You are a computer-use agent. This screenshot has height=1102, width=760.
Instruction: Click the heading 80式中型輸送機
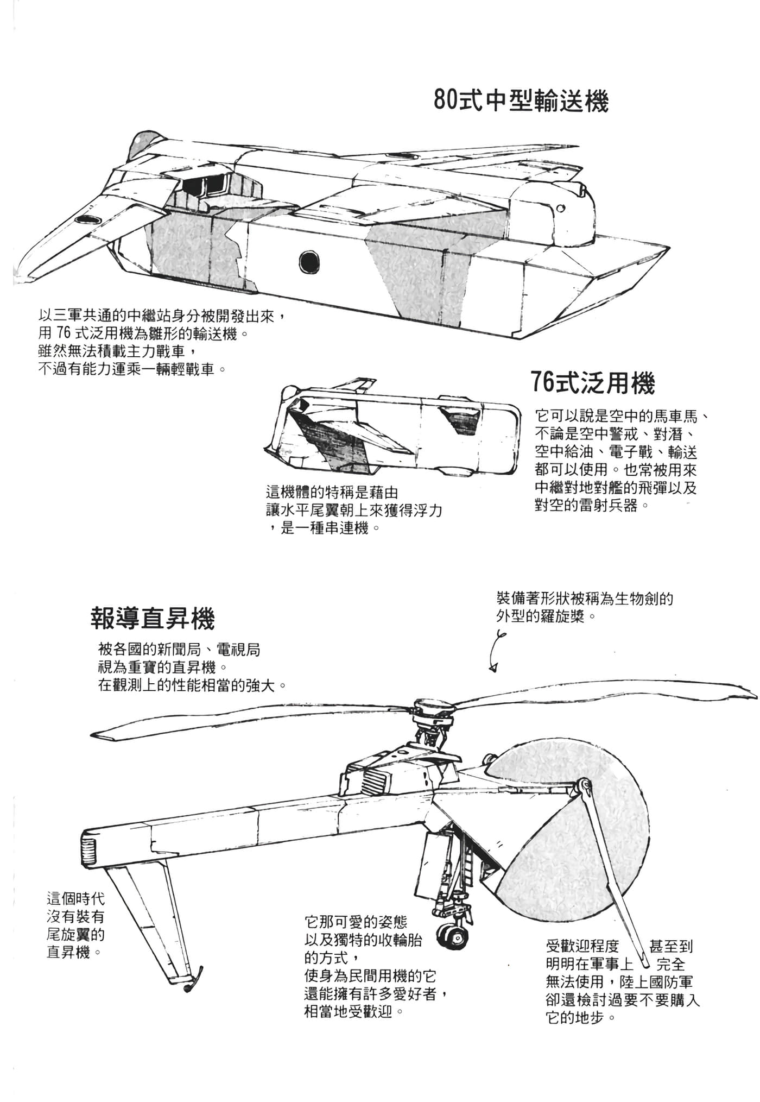pyautogui.click(x=521, y=101)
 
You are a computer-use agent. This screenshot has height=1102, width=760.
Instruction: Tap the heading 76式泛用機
pyautogui.click(x=592, y=383)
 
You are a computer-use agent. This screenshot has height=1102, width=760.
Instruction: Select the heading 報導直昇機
pyautogui.click(x=153, y=619)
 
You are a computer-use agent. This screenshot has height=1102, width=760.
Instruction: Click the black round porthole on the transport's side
pyautogui.click(x=310, y=263)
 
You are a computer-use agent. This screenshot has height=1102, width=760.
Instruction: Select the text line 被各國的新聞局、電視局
pyautogui.click(x=179, y=649)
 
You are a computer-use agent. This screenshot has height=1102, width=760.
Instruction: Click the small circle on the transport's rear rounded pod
pyautogui.click(x=561, y=207)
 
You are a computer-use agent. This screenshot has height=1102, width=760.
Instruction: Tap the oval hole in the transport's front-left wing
pyautogui.click(x=87, y=219)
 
